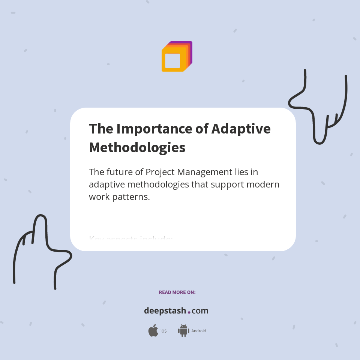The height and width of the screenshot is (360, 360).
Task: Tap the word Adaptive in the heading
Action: click(x=241, y=129)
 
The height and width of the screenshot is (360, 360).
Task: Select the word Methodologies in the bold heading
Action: click(x=137, y=147)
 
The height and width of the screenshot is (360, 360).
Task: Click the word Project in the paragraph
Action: click(x=160, y=172)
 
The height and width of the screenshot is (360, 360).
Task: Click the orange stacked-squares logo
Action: click(x=177, y=56)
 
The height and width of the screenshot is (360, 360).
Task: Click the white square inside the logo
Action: click(x=172, y=61)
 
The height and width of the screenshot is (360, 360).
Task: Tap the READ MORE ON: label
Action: click(x=177, y=292)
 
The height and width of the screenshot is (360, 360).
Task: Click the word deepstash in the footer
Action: click(x=165, y=311)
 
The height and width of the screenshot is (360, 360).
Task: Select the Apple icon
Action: click(x=153, y=331)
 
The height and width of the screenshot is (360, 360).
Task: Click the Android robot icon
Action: click(x=183, y=331)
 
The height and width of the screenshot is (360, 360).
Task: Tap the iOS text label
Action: click(x=163, y=331)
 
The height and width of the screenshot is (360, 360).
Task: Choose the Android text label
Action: click(x=199, y=331)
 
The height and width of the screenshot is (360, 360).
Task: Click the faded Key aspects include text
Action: click(x=130, y=238)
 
